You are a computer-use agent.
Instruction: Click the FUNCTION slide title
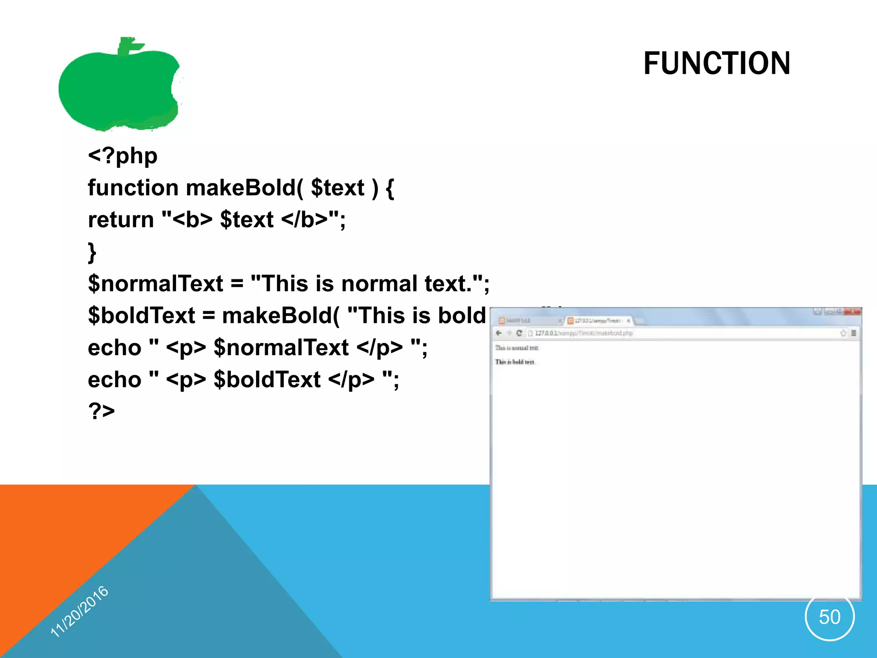[x=716, y=63]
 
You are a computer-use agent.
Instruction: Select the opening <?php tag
[x=122, y=156]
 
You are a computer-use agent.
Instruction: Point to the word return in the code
[x=121, y=220]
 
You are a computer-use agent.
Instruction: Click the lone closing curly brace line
[x=92, y=252]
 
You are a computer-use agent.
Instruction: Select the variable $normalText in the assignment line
[x=155, y=284]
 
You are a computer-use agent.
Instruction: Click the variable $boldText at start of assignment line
[x=141, y=316]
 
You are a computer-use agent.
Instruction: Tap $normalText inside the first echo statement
[x=281, y=348]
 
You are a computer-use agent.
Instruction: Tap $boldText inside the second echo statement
[x=267, y=380]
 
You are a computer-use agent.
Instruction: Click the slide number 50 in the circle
[x=829, y=617]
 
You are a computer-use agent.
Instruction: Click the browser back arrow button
[x=498, y=333]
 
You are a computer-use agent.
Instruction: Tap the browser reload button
[x=519, y=333]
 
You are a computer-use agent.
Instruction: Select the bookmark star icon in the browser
[x=843, y=333]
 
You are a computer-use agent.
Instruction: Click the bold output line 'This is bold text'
[x=515, y=362]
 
